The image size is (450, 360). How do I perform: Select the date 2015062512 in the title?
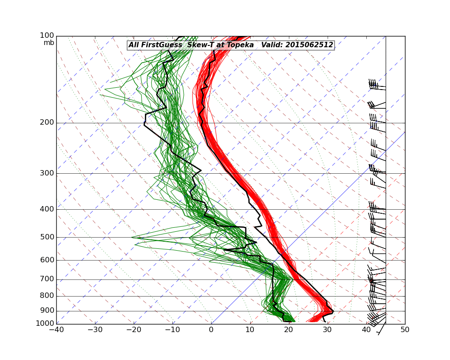click(x=309, y=45)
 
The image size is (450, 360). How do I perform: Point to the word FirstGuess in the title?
click(x=162, y=45)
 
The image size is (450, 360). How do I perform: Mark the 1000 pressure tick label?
click(x=46, y=324)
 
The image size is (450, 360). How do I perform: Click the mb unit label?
click(x=49, y=43)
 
